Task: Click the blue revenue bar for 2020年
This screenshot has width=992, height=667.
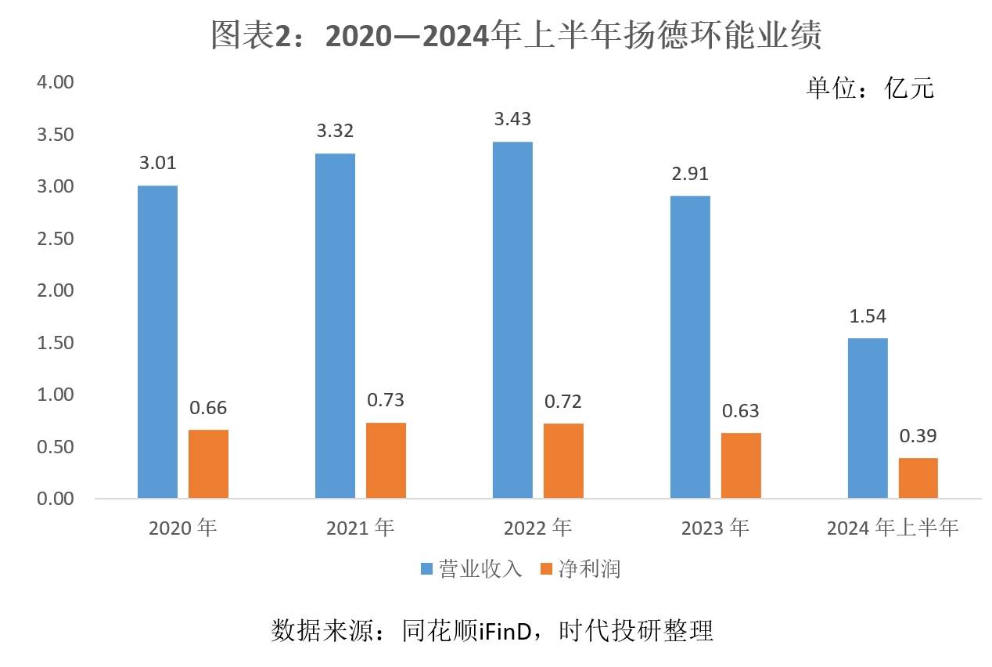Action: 157,341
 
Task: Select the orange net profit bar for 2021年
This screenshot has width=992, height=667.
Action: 386,460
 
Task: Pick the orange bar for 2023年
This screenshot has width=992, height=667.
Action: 741,465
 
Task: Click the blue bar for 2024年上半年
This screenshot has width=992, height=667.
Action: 868,418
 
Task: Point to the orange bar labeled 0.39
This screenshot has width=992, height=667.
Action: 918,478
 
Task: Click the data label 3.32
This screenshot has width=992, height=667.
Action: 336,131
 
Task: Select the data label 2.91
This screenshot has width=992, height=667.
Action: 691,174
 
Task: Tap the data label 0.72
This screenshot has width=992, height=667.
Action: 563,402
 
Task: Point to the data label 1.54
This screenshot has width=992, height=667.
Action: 868,316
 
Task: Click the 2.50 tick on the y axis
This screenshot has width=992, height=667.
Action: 55,239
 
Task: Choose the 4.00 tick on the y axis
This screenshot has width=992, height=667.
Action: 55,82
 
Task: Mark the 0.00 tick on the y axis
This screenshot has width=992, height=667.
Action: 55,499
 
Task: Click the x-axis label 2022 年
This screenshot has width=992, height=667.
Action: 537,528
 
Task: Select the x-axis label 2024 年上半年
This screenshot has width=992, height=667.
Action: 893,528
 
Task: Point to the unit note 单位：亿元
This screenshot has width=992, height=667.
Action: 870,88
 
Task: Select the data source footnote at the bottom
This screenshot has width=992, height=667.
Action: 492,630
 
